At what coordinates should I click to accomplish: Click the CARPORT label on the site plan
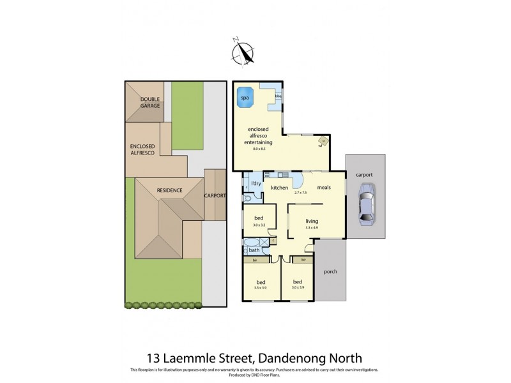pyautogui.click(x=214, y=195)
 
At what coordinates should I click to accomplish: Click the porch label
pyautogui.click(x=330, y=271)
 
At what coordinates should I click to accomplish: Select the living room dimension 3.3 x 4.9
pyautogui.click(x=312, y=228)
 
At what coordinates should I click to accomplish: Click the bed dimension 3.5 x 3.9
pyautogui.click(x=261, y=288)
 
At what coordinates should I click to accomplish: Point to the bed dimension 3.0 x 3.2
pyautogui.click(x=259, y=225)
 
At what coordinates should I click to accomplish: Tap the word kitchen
pyautogui.click(x=280, y=188)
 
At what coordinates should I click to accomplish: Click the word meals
pyautogui.click(x=323, y=188)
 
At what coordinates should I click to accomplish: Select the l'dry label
pyautogui.click(x=256, y=184)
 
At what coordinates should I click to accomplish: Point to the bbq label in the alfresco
pyautogui.click(x=278, y=98)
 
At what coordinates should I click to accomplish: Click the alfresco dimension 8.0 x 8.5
pyautogui.click(x=258, y=148)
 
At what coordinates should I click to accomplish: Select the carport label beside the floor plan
pyautogui.click(x=365, y=174)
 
